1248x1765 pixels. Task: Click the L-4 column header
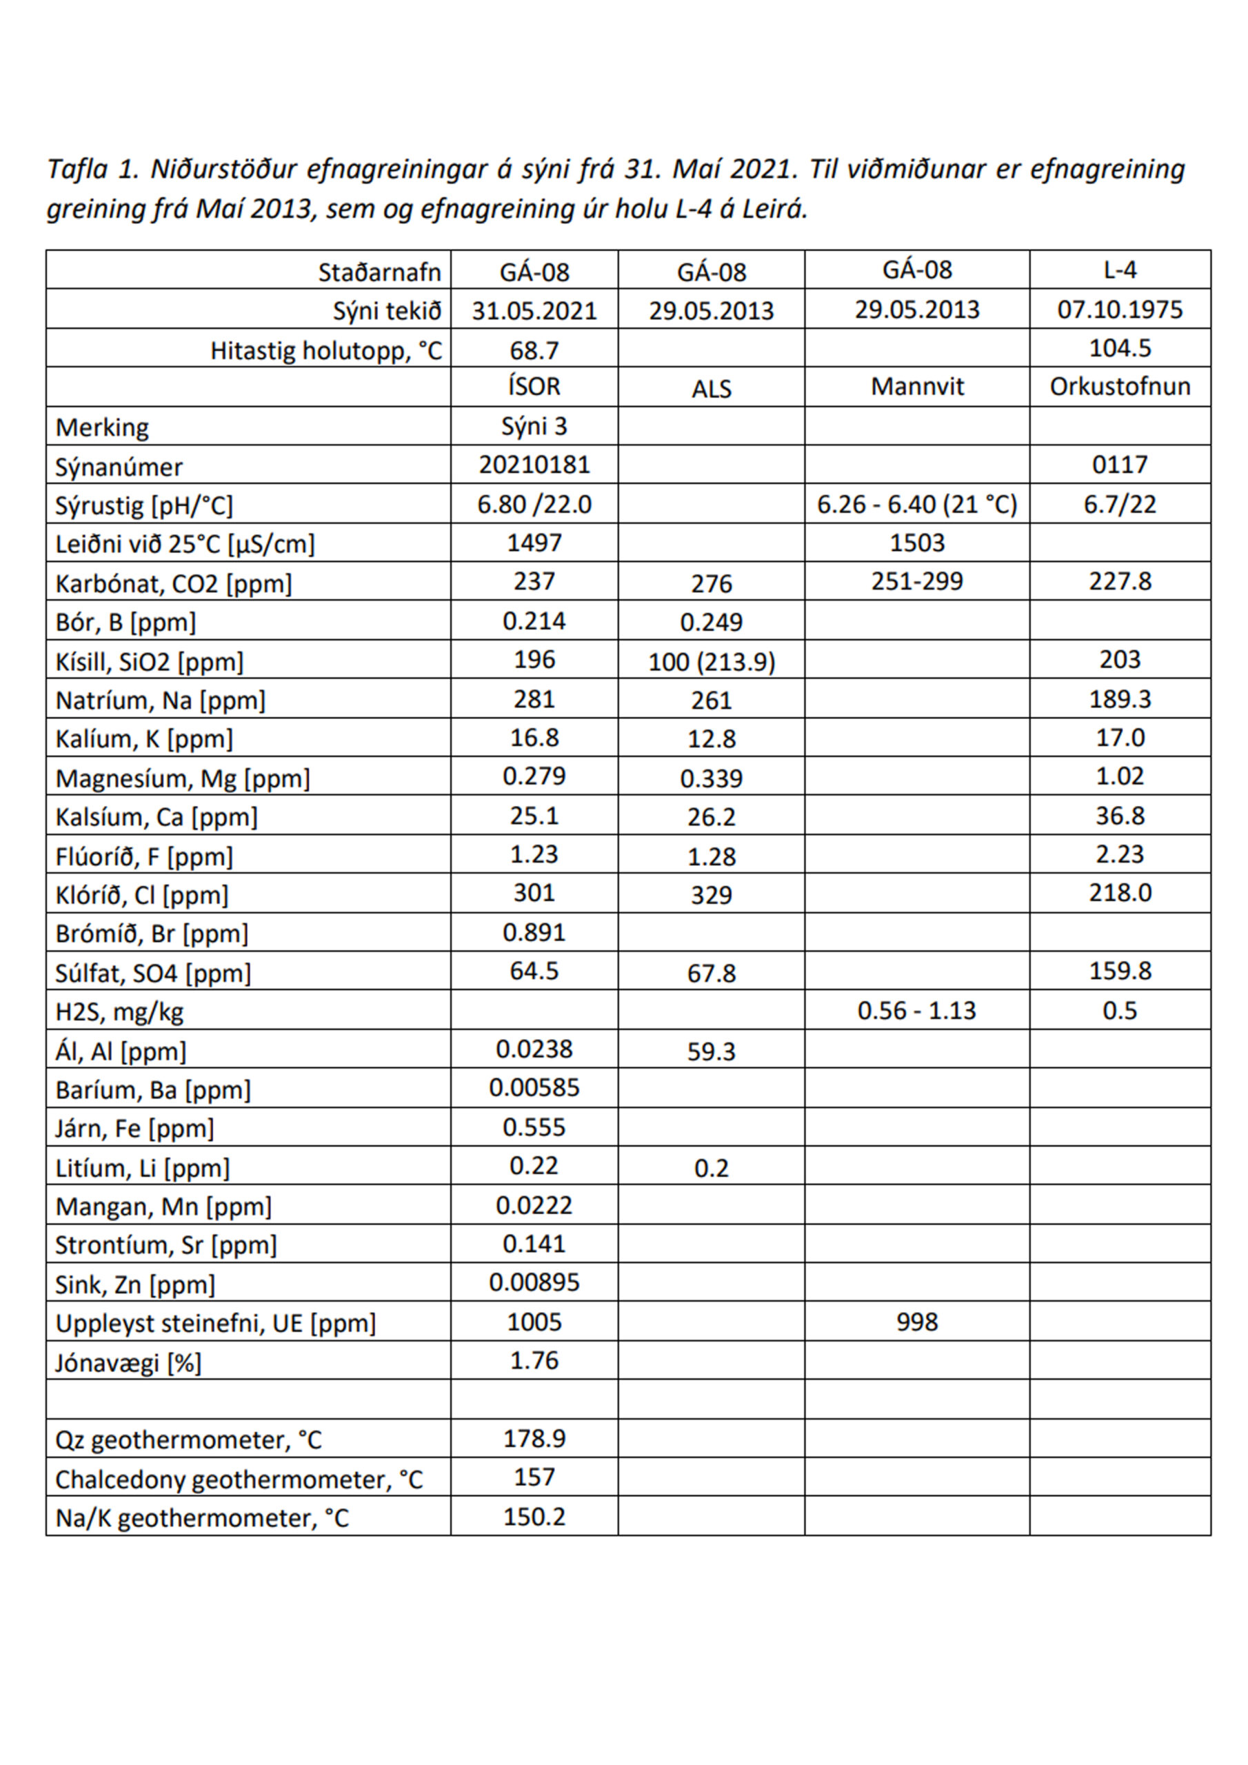1120,270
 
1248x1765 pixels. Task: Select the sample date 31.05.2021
534,310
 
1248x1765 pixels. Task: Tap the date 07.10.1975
1120,309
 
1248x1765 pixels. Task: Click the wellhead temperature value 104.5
1120,348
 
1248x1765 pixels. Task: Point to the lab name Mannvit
916,386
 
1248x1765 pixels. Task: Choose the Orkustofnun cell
1120,386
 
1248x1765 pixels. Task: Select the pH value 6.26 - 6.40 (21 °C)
916,504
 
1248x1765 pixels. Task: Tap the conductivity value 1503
916,543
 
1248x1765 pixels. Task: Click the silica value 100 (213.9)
712,661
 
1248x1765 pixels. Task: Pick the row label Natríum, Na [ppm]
160,700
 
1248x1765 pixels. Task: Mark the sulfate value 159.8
1120,970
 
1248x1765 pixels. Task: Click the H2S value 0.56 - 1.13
916,1010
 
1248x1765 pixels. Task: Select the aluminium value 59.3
712,1051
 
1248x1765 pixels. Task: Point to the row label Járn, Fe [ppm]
134,1128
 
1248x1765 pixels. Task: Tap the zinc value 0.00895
534,1282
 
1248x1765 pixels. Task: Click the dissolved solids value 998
916,1322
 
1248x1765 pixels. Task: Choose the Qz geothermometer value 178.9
534,1438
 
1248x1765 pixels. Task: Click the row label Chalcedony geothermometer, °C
239,1479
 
